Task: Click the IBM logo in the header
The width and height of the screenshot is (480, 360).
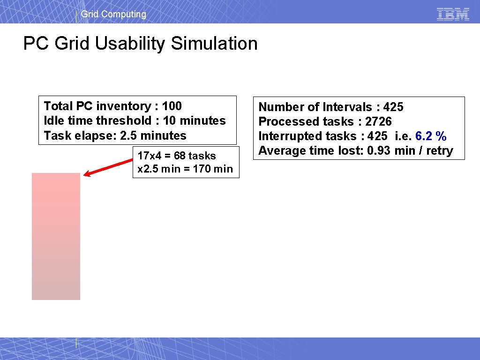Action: [x=453, y=14]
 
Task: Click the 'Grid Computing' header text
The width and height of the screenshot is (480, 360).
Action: [x=113, y=14]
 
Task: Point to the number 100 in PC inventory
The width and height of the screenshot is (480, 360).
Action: [x=172, y=106]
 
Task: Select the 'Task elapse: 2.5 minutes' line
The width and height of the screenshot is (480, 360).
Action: [x=115, y=135]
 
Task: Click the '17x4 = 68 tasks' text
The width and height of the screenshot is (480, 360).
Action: [x=177, y=156]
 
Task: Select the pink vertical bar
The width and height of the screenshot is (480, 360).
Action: [x=56, y=236]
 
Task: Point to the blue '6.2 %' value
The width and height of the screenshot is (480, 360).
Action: [x=431, y=136]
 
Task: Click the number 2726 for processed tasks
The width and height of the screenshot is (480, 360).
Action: [x=378, y=121]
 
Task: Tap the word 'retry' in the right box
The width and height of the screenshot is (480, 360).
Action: [x=439, y=150]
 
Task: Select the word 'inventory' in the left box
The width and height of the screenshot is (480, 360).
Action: [x=119, y=106]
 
